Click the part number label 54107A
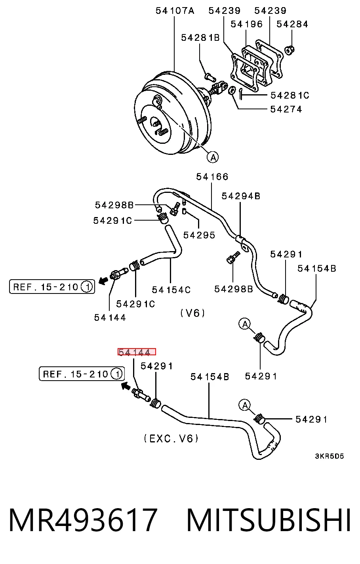point(175,11)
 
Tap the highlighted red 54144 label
point(137,352)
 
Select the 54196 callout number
point(246,24)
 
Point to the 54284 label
point(292,24)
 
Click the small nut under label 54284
point(290,50)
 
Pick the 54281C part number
point(290,95)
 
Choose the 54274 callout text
point(286,109)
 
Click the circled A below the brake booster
point(213,157)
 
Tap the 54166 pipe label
point(212,177)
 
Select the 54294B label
point(241,196)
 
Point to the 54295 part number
point(199,235)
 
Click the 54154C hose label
point(171,290)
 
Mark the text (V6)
point(192,313)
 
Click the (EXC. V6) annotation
point(171,438)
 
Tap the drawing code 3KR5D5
point(329,456)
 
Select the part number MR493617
point(83,520)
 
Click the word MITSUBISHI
point(269,520)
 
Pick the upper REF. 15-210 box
point(52,286)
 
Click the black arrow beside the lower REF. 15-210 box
point(126,385)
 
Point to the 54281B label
point(200,38)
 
